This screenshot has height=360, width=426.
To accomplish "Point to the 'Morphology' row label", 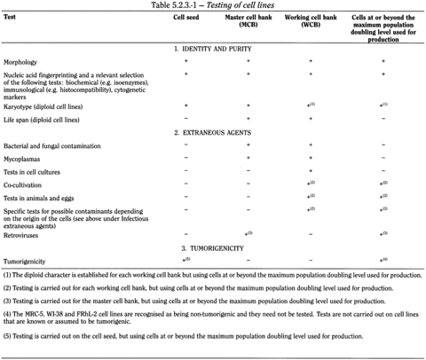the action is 21,62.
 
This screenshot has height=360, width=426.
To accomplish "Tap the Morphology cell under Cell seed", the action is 185,62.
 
